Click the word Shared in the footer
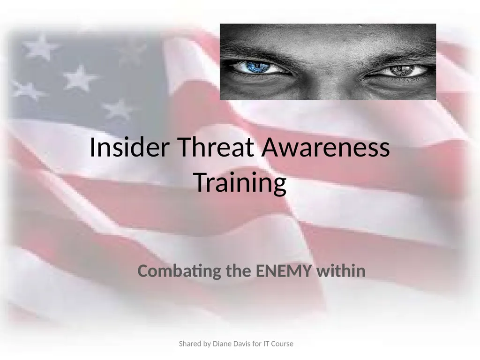(x=189, y=344)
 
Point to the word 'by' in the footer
(x=207, y=344)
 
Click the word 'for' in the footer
(x=260, y=344)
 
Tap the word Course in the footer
(x=285, y=344)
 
